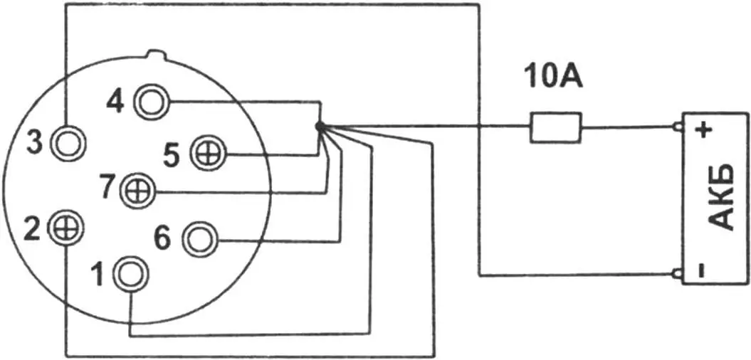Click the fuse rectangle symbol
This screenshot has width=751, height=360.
coord(555,128)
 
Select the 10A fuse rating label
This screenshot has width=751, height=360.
coord(552,75)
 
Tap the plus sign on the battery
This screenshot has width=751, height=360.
coord(703,130)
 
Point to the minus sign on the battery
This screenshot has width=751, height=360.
coord(701,270)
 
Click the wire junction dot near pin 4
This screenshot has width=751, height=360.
coord(320,127)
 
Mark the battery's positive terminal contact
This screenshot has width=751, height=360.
coord(678,128)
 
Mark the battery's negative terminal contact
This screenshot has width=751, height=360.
coord(678,273)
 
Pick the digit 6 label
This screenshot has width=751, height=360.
coord(163,239)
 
